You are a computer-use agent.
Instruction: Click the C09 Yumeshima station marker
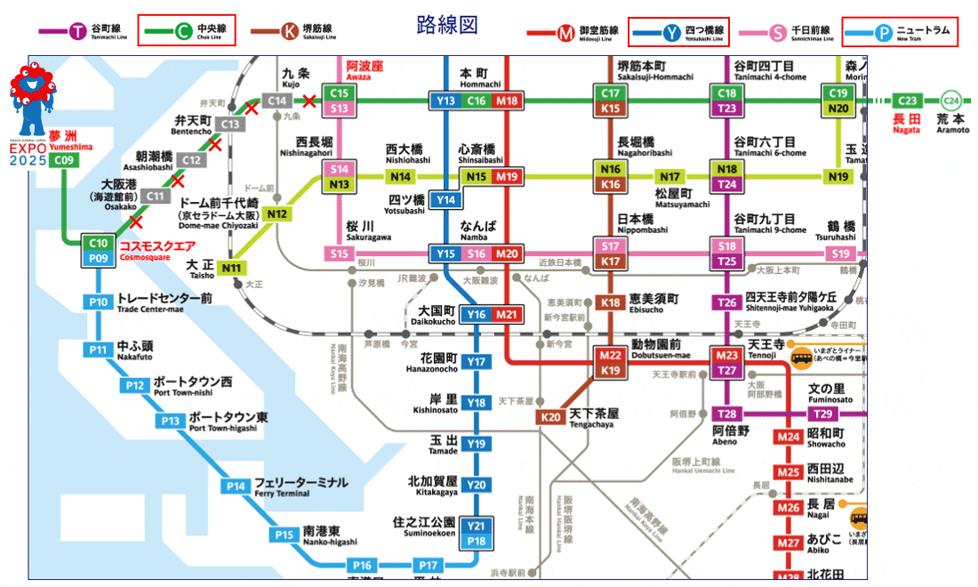pyautogui.click(x=63, y=161)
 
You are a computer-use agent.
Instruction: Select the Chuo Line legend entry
pyautogui.click(x=187, y=32)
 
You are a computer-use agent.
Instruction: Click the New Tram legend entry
pyautogui.click(x=900, y=32)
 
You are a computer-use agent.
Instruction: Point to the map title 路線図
pyautogui.click(x=442, y=24)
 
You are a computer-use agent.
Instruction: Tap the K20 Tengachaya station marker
pyautogui.click(x=551, y=416)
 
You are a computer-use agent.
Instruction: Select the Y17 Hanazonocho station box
pyautogui.click(x=477, y=362)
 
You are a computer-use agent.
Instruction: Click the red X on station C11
pyautogui.click(x=136, y=221)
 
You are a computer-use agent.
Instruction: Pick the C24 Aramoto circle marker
pyautogui.click(x=951, y=101)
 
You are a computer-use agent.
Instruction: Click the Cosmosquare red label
pyautogui.click(x=157, y=245)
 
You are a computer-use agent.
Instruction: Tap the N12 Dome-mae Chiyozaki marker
pyautogui.click(x=277, y=214)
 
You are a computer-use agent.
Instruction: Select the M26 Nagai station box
pyautogui.click(x=789, y=508)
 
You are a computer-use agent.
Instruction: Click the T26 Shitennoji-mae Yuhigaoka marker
pyautogui.click(x=727, y=302)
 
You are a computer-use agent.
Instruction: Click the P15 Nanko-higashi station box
pyautogui.click(x=284, y=535)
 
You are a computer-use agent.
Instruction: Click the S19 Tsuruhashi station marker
pyautogui.click(x=841, y=254)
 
